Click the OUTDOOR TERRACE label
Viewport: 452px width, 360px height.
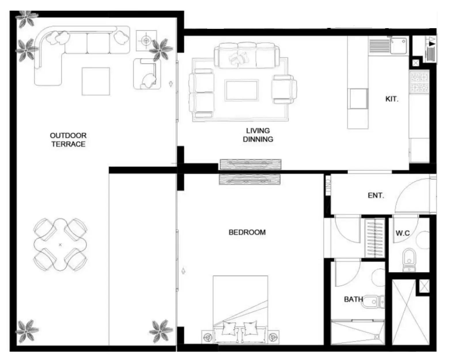click(x=68, y=140)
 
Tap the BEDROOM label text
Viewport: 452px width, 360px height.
click(x=247, y=232)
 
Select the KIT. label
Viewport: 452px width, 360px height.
click(x=392, y=99)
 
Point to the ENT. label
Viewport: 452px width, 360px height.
click(x=376, y=195)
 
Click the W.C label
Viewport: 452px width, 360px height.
click(x=403, y=233)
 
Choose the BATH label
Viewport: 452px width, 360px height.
click(x=353, y=299)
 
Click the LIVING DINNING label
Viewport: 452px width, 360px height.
click(x=258, y=135)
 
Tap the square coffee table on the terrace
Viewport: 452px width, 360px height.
click(x=96, y=81)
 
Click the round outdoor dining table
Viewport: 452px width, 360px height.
click(x=60, y=245)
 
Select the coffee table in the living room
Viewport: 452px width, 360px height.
click(x=241, y=90)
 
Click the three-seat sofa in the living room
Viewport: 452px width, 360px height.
click(x=247, y=55)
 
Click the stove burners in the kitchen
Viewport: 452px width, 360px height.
click(x=419, y=83)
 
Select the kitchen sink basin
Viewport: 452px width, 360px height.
click(x=398, y=46)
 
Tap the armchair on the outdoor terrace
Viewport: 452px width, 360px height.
click(x=147, y=74)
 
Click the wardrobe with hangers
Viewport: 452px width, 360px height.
click(x=375, y=238)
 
